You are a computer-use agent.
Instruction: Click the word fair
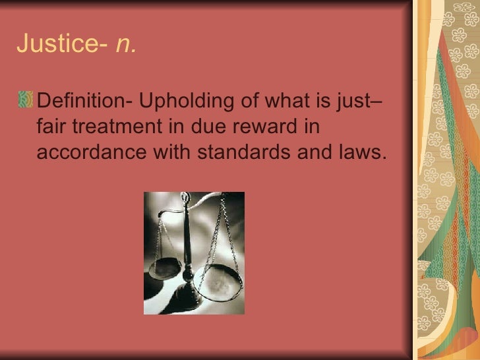coord(53,127)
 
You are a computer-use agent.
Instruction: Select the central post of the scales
coord(190,251)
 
